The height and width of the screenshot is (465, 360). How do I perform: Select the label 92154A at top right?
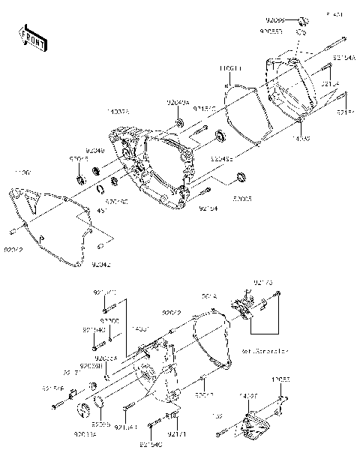click(344, 57)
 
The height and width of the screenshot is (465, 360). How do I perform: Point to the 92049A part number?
click(178, 103)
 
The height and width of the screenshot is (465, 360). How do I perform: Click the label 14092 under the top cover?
click(301, 139)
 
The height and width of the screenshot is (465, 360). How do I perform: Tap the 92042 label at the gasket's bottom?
click(101, 264)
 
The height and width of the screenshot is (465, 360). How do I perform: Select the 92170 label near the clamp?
click(262, 283)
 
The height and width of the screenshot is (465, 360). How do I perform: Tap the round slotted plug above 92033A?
click(82, 411)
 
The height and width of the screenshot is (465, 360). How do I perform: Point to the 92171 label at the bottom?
click(175, 434)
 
